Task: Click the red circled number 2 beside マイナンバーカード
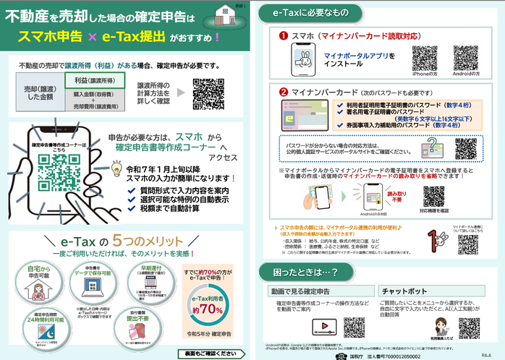[284, 93]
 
